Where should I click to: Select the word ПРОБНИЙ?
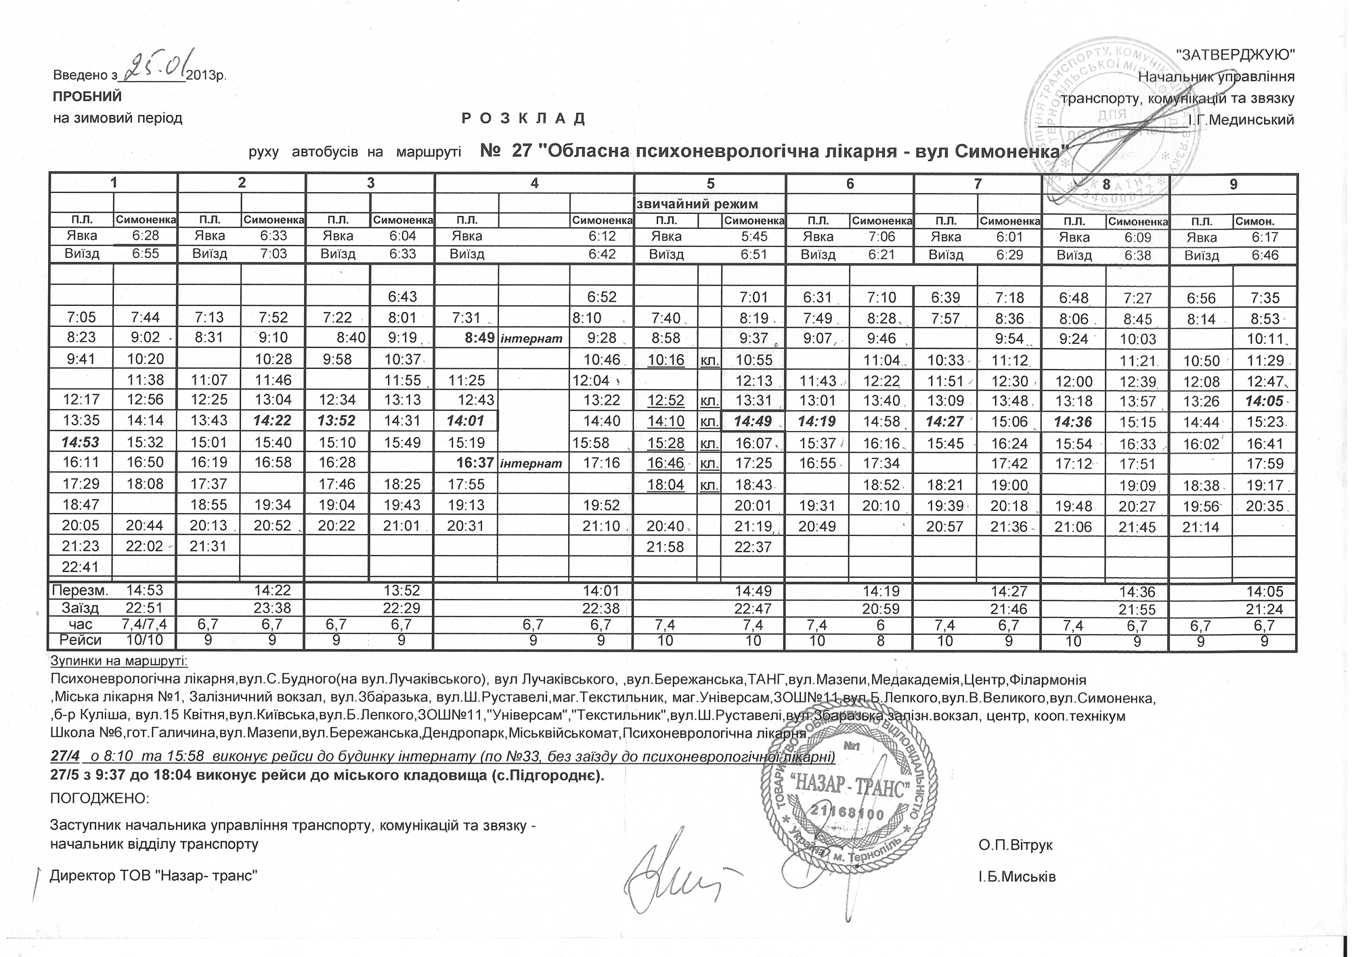(x=87, y=97)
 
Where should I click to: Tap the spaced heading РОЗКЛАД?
(x=523, y=119)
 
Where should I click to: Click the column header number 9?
(x=1233, y=183)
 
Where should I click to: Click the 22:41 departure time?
(x=81, y=566)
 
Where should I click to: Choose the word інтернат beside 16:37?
(x=531, y=464)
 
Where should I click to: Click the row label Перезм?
(x=82, y=590)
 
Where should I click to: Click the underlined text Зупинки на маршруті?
(x=119, y=661)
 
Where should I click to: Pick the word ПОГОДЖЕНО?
(x=100, y=799)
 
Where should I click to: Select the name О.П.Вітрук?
(x=1015, y=845)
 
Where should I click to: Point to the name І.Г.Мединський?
(x=1242, y=120)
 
